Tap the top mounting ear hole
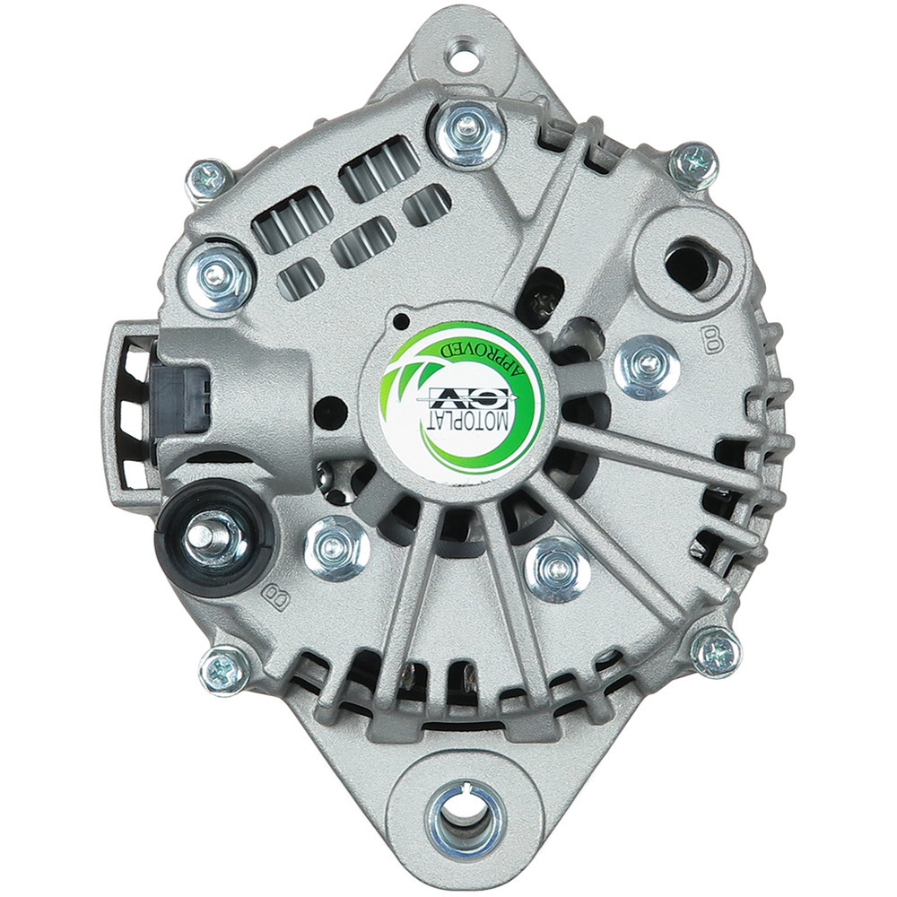pyautogui.click(x=463, y=56)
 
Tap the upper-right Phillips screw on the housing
pyautogui.click(x=694, y=166)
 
